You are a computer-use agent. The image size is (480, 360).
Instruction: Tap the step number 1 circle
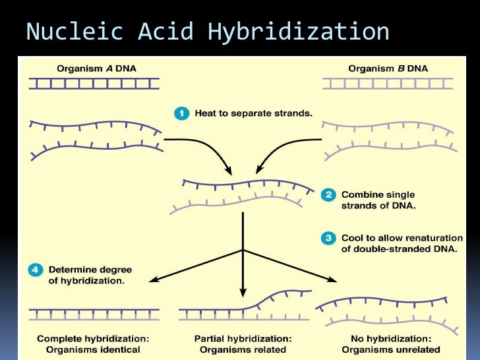point(182,113)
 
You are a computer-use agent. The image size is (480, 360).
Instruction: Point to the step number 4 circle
point(36,270)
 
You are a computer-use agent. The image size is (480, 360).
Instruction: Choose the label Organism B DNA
point(388,68)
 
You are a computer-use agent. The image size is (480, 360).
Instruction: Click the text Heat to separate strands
point(253,113)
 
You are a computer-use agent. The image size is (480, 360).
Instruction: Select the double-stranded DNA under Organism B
point(388,83)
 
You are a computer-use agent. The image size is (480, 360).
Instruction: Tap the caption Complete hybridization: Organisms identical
point(93,344)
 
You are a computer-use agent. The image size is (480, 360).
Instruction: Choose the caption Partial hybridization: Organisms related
point(243,344)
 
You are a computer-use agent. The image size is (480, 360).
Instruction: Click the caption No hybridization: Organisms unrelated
point(392,344)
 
